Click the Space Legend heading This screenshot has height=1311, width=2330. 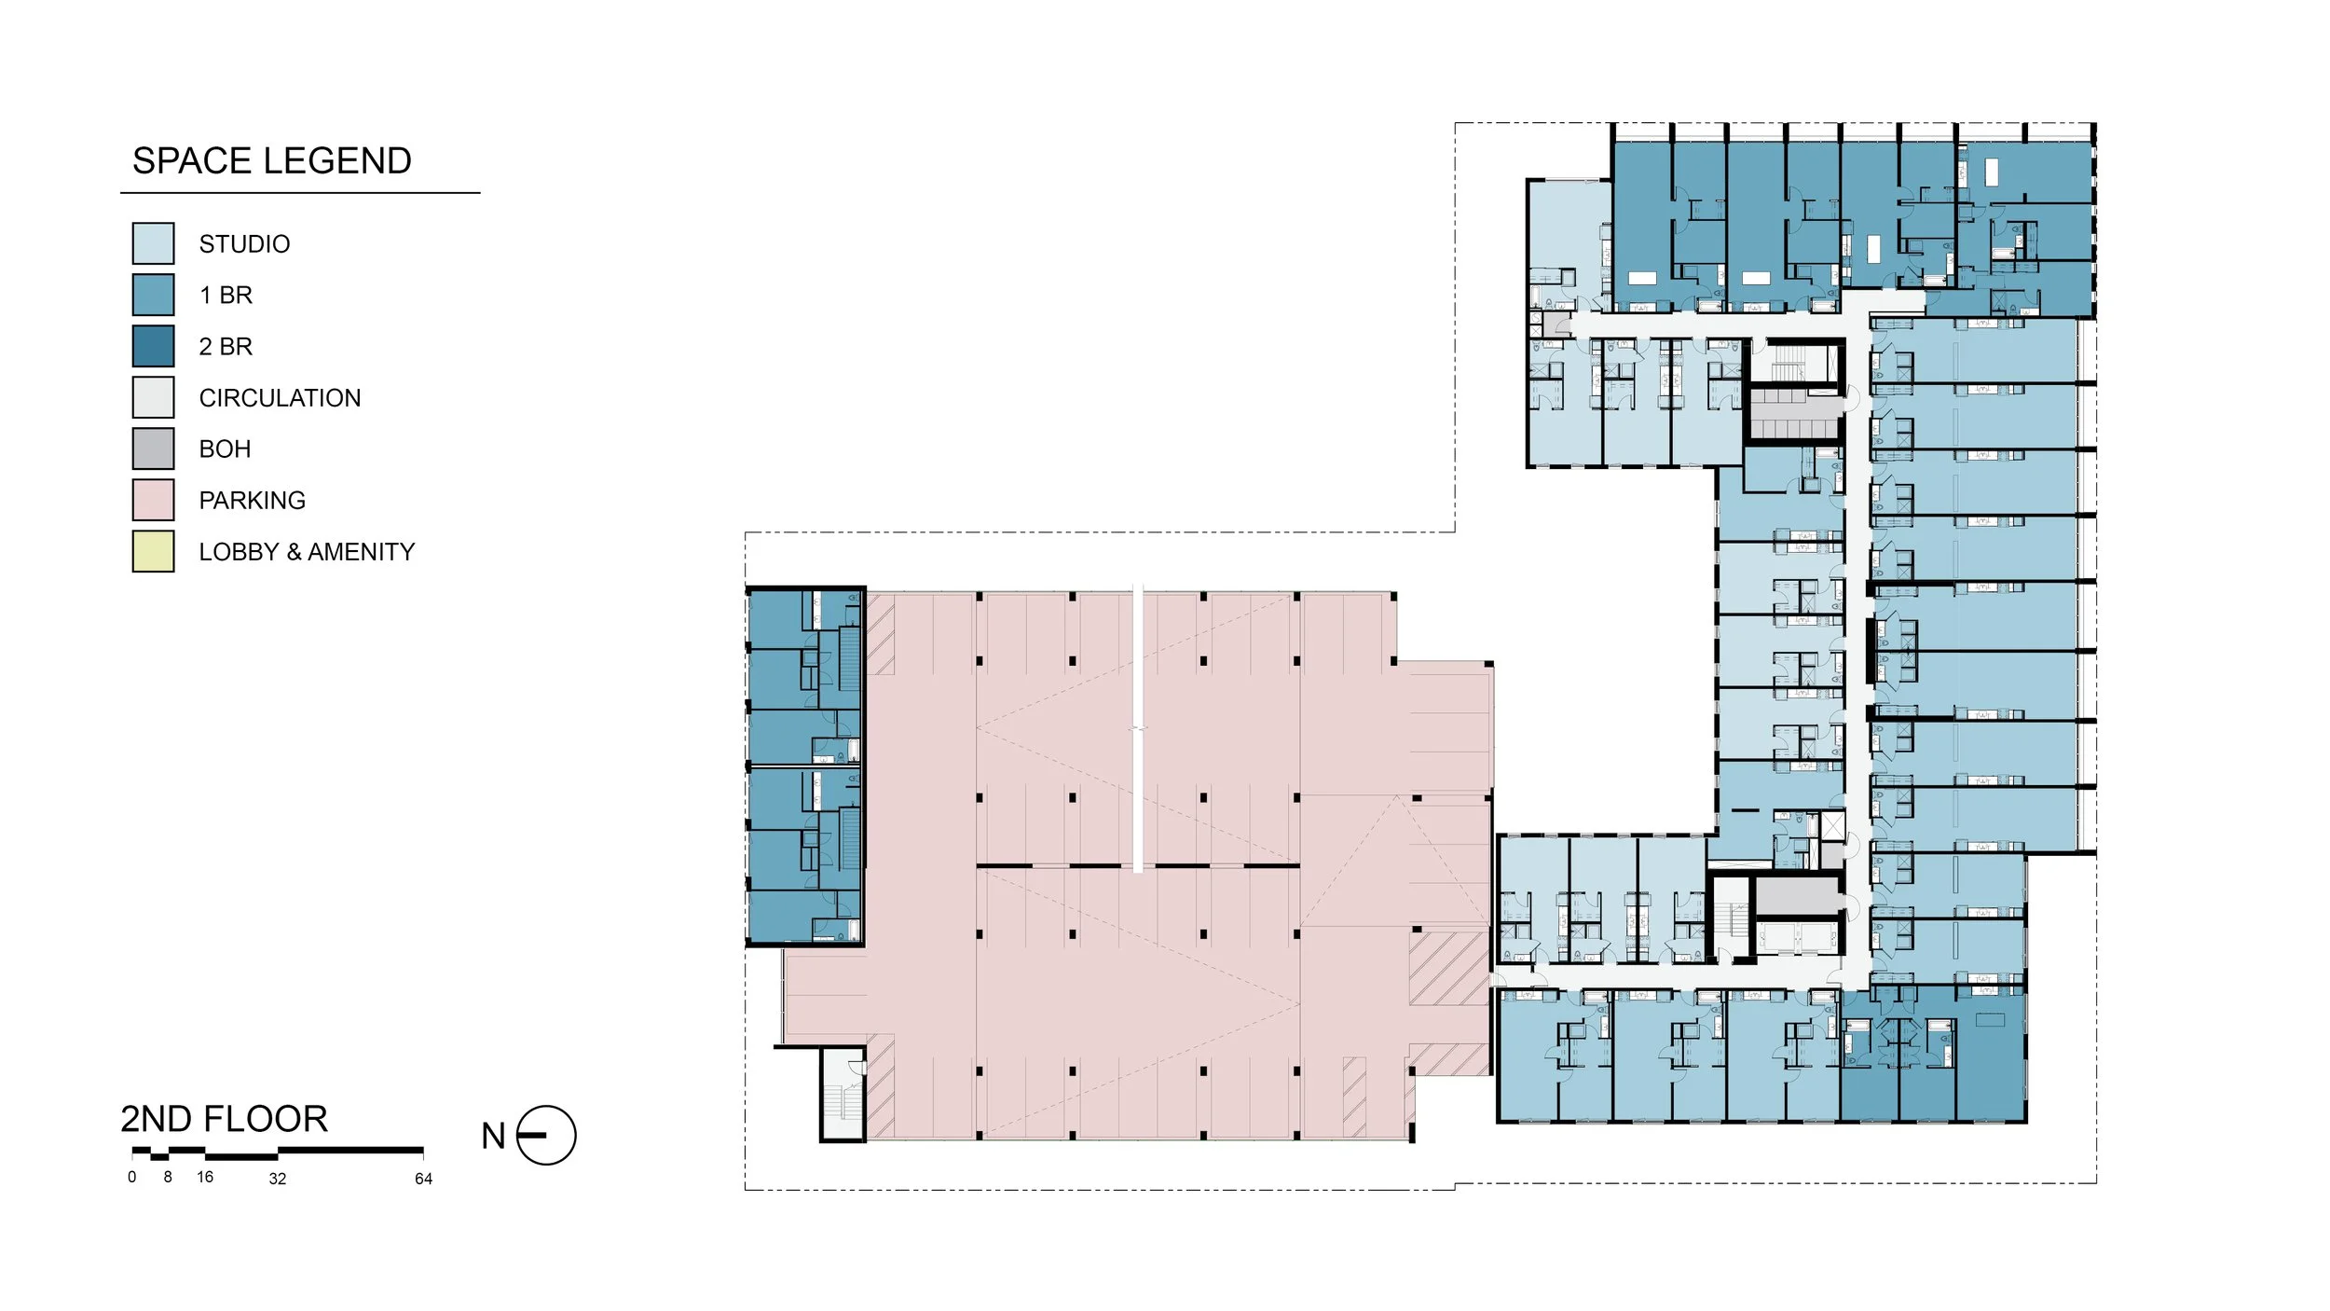pyautogui.click(x=271, y=161)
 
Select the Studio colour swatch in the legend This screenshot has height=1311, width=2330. pyautogui.click(x=153, y=243)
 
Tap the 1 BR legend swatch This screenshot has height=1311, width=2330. pyautogui.click(x=153, y=295)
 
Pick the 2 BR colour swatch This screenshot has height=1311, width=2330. pyautogui.click(x=153, y=346)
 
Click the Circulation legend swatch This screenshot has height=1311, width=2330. pyautogui.click(x=153, y=397)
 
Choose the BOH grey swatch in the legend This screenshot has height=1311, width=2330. pyautogui.click(x=153, y=448)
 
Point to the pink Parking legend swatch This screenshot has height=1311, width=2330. pyautogui.click(x=153, y=500)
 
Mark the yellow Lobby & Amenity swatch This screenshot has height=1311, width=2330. pyautogui.click(x=153, y=551)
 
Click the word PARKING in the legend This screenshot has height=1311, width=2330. pyautogui.click(x=252, y=501)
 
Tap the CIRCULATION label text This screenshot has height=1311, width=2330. pyautogui.click(x=280, y=398)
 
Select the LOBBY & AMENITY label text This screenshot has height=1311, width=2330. pyautogui.click(x=307, y=552)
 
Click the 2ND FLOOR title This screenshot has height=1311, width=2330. pyautogui.click(x=224, y=1119)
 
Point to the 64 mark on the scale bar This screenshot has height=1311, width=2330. pyautogui.click(x=423, y=1179)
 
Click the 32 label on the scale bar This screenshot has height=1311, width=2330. pyautogui.click(x=277, y=1179)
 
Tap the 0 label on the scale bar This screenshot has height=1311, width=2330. pyautogui.click(x=132, y=1177)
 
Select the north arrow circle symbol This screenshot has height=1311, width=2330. pyautogui.click(x=546, y=1136)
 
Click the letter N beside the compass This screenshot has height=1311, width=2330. pyautogui.click(x=493, y=1137)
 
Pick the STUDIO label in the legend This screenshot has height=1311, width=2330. pyautogui.click(x=244, y=244)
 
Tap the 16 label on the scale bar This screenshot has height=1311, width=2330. pyautogui.click(x=205, y=1177)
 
